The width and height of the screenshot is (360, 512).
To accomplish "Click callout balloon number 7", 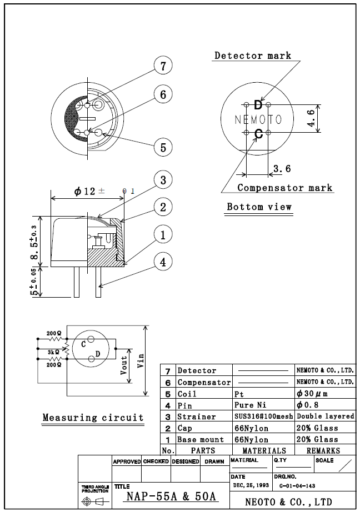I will click(x=163, y=66).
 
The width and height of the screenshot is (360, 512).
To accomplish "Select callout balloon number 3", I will click(x=163, y=180).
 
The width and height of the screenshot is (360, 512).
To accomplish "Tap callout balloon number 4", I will click(x=163, y=262).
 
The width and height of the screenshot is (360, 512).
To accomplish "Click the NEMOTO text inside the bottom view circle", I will click(x=258, y=119).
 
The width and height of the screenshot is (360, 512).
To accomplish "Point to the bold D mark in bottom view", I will click(x=258, y=105).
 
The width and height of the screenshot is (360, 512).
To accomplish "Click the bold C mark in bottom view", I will click(x=258, y=134).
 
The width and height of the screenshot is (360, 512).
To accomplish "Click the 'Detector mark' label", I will click(x=253, y=56).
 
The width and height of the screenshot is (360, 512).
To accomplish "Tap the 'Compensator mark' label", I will click(x=284, y=188).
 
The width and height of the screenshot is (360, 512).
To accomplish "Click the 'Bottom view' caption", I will click(x=259, y=207).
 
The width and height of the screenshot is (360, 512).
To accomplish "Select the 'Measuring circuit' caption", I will click(x=93, y=418).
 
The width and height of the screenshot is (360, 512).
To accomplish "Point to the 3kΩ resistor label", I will click(x=53, y=352).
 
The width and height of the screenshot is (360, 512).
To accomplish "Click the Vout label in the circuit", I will click(x=124, y=364).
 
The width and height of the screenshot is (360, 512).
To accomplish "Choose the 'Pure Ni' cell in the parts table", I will click(x=250, y=405).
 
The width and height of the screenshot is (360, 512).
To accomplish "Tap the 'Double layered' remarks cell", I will click(x=325, y=416).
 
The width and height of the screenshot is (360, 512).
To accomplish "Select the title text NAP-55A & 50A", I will click(x=171, y=496).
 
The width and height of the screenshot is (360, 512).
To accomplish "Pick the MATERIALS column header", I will click(x=264, y=450).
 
